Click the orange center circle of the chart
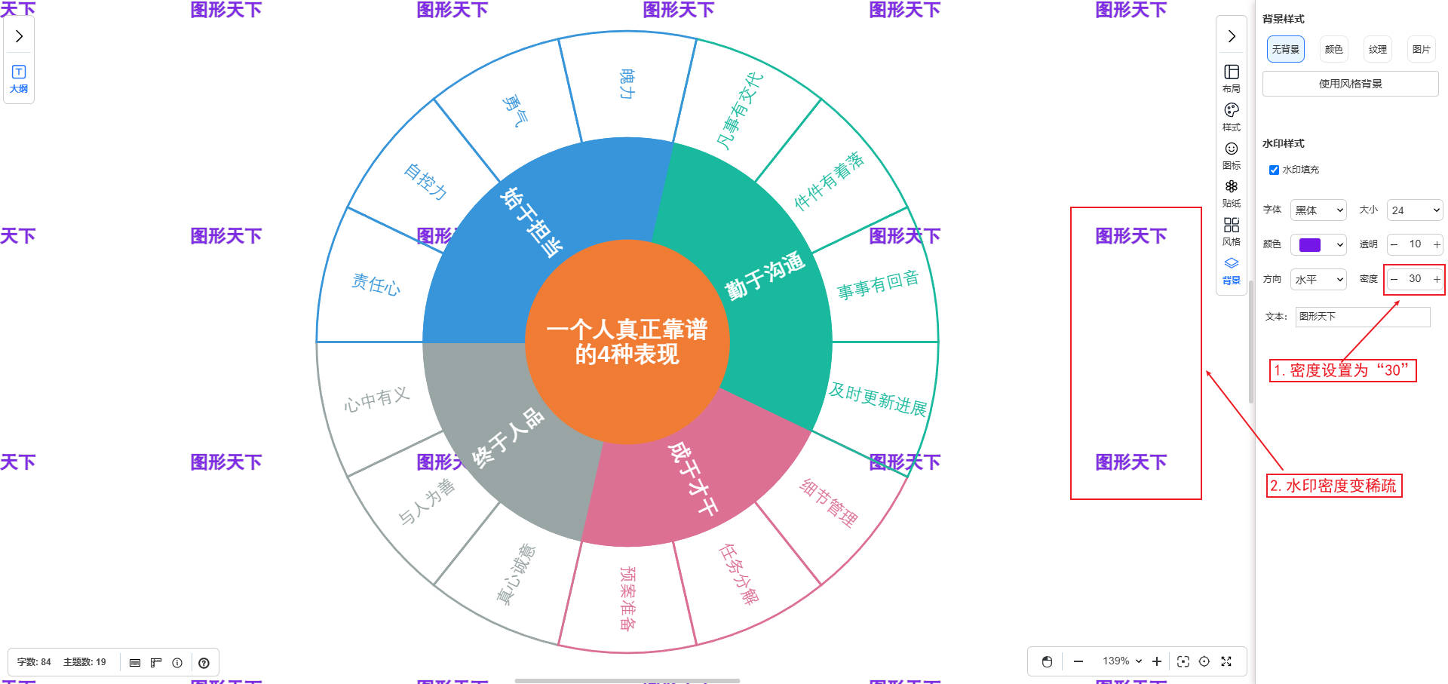tap(627, 342)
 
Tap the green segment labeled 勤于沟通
tap(764, 276)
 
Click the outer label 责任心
tap(376, 284)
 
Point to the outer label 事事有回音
tap(878, 284)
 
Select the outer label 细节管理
tap(828, 503)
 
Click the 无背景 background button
tap(1285, 50)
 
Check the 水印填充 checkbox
tap(1274, 170)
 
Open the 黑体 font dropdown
tap(1318, 210)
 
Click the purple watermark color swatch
tap(1310, 245)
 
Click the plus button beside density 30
tap(1437, 280)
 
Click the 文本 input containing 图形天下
tap(1362, 317)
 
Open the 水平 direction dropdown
tap(1318, 280)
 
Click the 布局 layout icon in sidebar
tap(1232, 78)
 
